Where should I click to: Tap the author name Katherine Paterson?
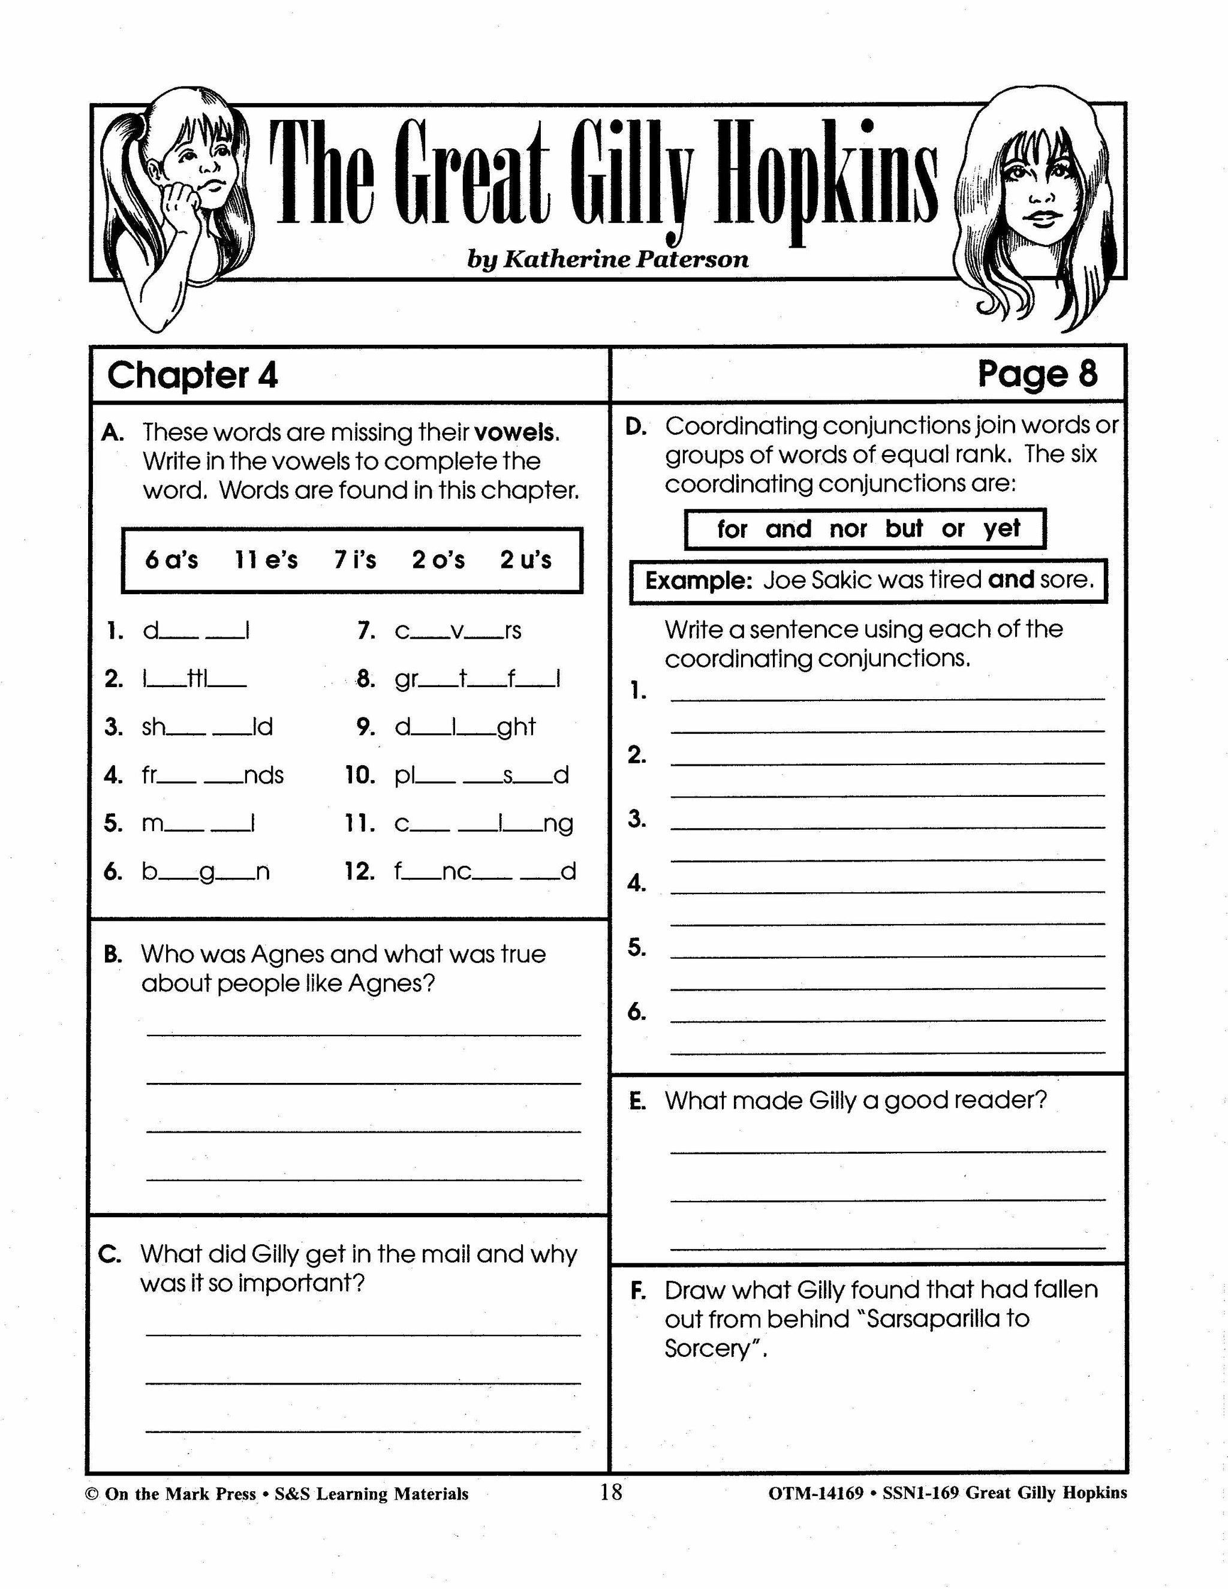click(607, 259)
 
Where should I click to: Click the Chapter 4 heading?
click(192, 375)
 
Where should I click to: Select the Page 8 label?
click(1037, 374)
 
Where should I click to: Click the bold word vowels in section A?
click(515, 433)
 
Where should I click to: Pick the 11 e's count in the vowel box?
click(266, 560)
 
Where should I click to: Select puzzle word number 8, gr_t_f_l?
click(477, 679)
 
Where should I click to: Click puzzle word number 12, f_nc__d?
click(484, 872)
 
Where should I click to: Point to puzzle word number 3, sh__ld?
click(207, 727)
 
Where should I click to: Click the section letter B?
click(113, 955)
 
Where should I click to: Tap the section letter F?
click(638, 1291)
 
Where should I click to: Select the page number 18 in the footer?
click(611, 1493)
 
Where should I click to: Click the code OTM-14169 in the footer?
click(815, 1494)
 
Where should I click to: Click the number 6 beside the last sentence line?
click(637, 1012)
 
